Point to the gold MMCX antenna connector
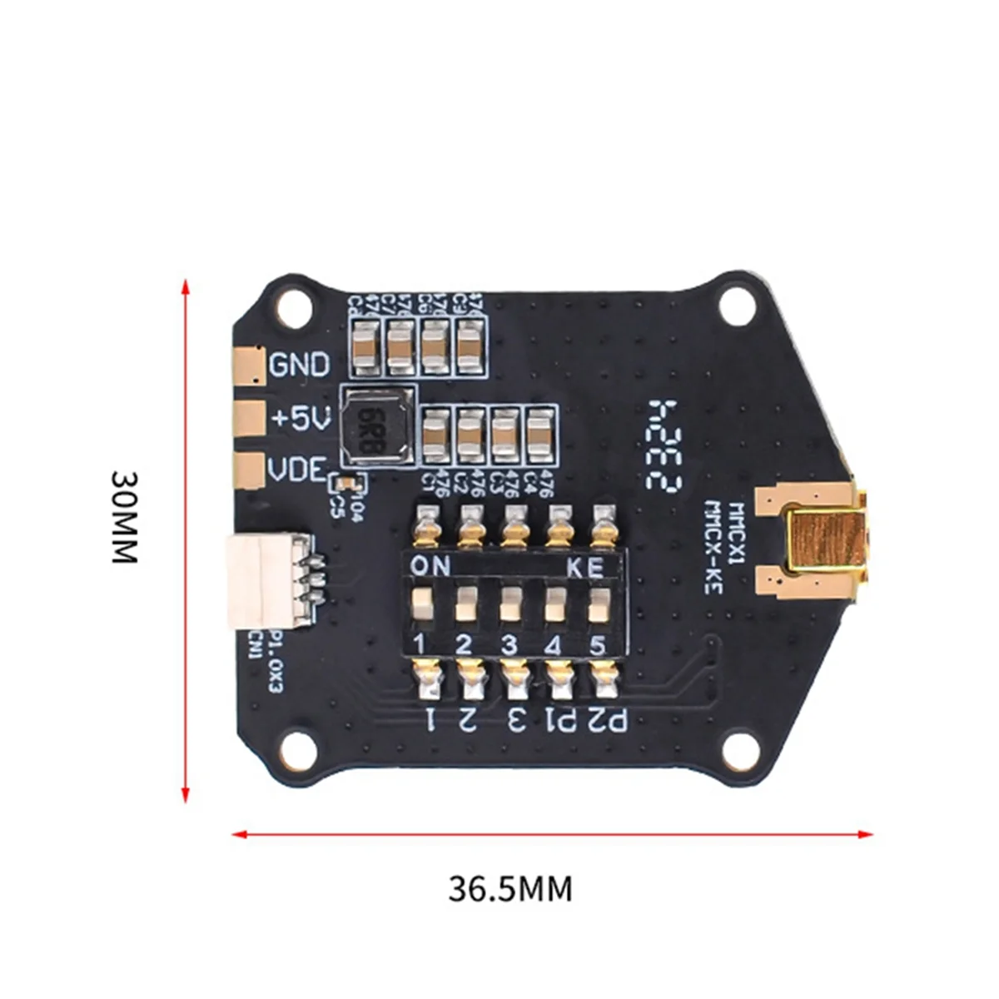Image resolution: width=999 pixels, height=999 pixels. [824, 542]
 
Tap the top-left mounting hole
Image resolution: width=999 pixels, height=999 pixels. [292, 307]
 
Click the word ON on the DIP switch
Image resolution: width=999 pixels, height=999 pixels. [431, 567]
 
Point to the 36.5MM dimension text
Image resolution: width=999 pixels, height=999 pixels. [510, 889]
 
